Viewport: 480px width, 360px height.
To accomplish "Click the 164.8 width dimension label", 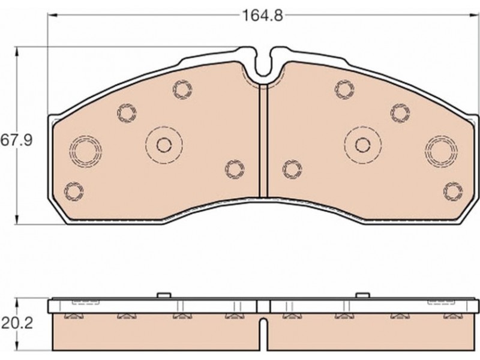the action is [262, 16].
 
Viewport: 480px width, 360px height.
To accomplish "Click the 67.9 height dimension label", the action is [16, 140].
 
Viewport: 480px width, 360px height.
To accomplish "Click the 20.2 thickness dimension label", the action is [17, 323].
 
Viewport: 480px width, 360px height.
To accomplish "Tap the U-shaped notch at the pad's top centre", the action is [263, 62].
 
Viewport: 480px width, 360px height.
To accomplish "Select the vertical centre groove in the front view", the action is [263, 140].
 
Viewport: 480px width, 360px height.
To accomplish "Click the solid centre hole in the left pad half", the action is [164, 145].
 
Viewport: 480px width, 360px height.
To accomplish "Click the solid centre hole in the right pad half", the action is [363, 145].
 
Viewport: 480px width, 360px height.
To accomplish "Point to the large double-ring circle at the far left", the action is [86, 151].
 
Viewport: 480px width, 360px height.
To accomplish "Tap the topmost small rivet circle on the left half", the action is [182, 89].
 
